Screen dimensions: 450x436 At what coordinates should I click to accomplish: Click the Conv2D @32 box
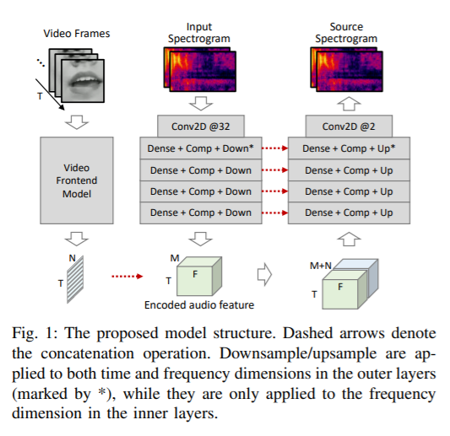tap(201, 126)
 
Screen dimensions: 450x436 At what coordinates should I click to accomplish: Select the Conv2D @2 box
tap(349, 126)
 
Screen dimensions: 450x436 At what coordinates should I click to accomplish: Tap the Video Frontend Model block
tap(77, 180)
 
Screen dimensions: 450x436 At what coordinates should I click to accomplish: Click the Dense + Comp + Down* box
tap(201, 148)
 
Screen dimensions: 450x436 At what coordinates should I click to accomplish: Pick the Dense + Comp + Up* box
tap(349, 148)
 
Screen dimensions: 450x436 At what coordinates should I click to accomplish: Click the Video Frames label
tap(77, 34)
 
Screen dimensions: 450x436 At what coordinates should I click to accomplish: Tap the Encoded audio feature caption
tap(199, 305)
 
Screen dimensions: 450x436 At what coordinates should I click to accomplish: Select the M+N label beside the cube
tap(320, 266)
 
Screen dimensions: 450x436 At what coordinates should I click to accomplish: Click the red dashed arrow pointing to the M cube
tap(127, 277)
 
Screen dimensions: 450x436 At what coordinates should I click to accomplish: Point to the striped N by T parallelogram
tap(75, 279)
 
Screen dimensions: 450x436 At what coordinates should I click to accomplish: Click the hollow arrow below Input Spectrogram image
tap(201, 104)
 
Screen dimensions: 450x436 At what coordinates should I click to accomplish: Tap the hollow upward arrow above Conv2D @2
tap(349, 104)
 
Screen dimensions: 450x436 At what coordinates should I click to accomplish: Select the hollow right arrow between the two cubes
tap(264, 274)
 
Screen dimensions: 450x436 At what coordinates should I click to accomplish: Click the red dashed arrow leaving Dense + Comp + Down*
tap(275, 148)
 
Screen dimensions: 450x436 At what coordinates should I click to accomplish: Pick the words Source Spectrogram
tap(346, 32)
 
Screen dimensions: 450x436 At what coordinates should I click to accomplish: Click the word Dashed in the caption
tap(308, 333)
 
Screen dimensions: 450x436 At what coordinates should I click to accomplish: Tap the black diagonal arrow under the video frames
tap(50, 94)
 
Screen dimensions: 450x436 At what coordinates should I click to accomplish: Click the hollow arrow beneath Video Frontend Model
tap(77, 239)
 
